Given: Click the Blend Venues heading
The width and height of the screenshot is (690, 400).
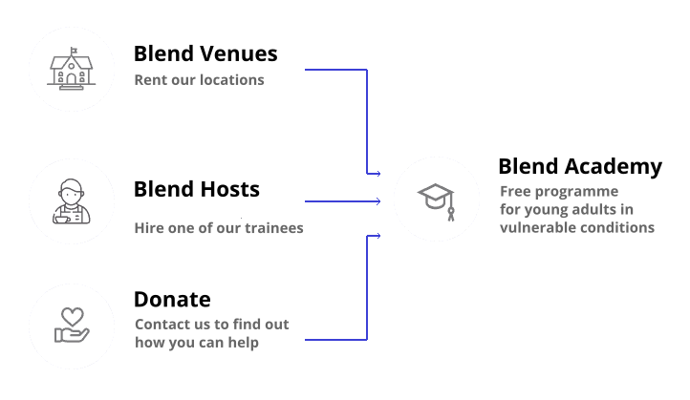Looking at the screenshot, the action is click(x=205, y=54).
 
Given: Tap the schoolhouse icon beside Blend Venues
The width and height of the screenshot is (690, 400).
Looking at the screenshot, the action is click(x=72, y=69).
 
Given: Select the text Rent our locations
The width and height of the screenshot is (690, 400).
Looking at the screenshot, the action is click(x=199, y=80).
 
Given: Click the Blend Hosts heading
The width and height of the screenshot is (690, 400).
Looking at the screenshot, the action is click(x=197, y=189).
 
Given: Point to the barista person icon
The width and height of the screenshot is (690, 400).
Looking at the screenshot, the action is click(x=72, y=201).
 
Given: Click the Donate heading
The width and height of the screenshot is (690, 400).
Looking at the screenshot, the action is click(x=172, y=300).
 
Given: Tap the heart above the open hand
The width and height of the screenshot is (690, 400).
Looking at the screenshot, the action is click(x=73, y=316).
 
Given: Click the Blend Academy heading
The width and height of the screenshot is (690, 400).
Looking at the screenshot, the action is click(x=580, y=167).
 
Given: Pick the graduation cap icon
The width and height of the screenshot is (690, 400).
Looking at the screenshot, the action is click(x=436, y=201).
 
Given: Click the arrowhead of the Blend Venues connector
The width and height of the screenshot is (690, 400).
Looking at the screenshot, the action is click(x=378, y=174).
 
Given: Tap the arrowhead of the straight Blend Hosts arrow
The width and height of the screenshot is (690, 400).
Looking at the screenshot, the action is click(x=378, y=201).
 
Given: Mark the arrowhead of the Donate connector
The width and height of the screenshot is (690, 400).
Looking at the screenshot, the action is click(x=378, y=236).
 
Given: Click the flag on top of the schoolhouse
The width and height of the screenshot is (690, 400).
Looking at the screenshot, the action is click(x=74, y=51).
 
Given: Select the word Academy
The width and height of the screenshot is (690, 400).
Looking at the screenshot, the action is click(x=614, y=167).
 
